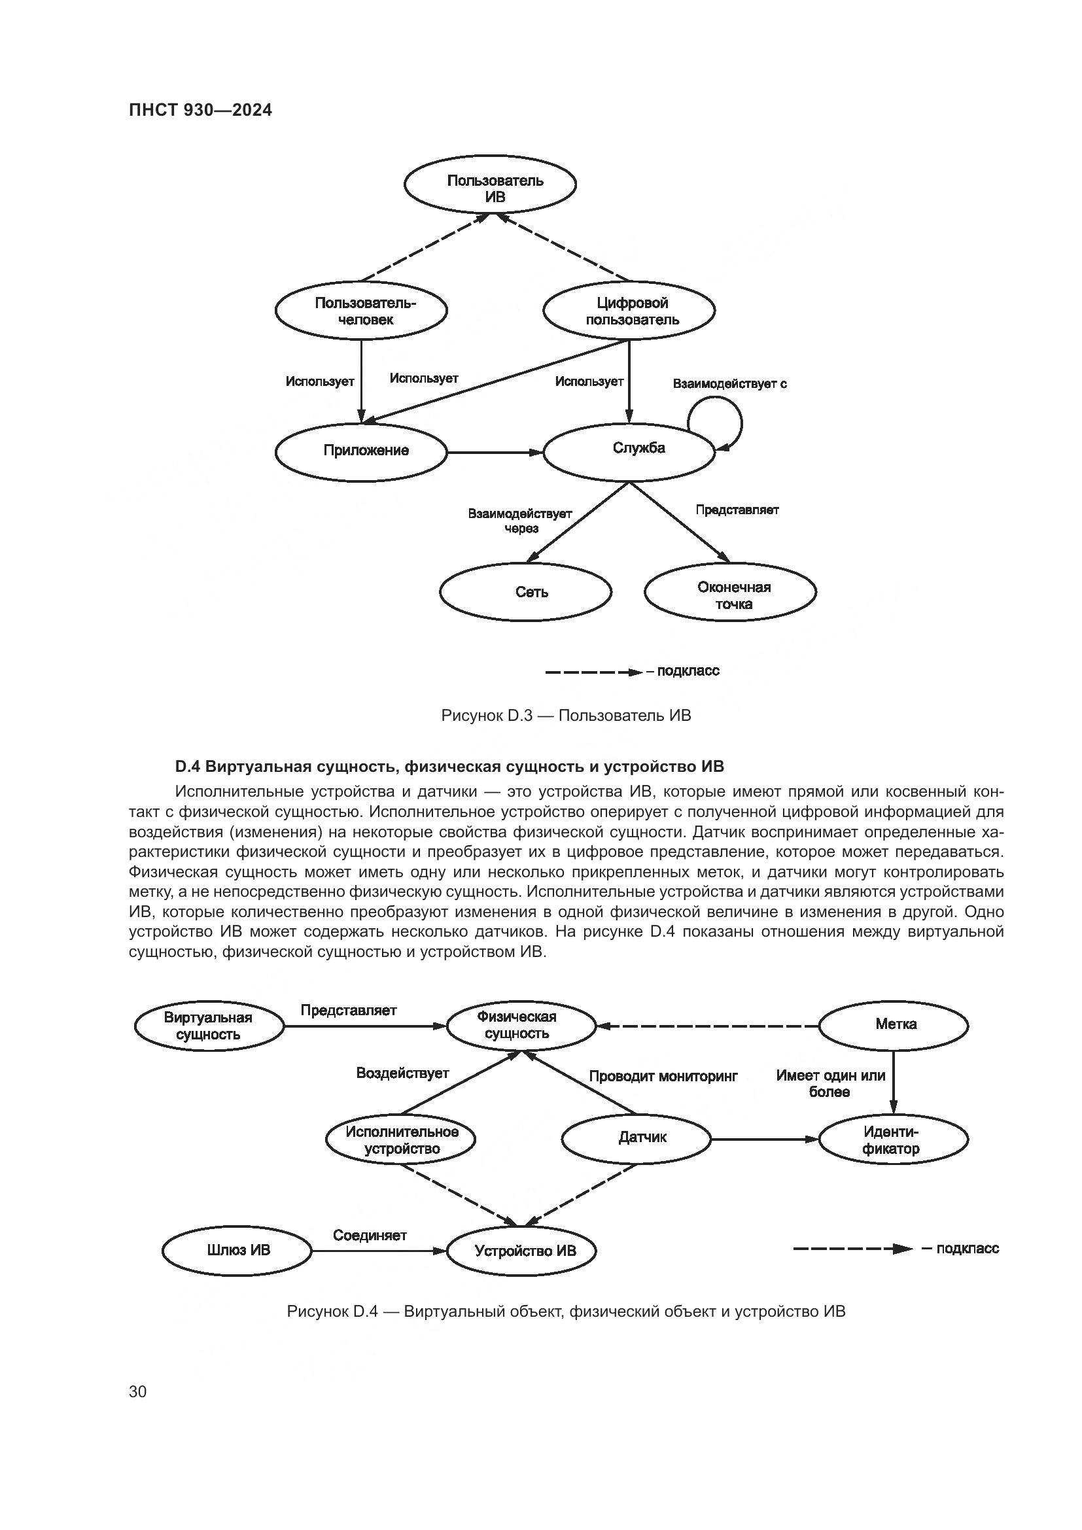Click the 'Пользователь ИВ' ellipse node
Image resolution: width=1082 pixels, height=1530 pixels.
click(x=490, y=183)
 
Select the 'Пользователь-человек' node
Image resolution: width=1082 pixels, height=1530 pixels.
click(x=361, y=311)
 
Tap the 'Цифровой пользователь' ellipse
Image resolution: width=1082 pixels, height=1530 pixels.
click(x=629, y=311)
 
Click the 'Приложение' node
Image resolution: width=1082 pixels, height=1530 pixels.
click(x=361, y=451)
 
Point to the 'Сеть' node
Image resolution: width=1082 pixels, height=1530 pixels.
click(x=526, y=592)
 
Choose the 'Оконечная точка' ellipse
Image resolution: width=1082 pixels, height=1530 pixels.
click(x=730, y=592)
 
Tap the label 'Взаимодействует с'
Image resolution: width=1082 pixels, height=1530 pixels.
click(x=729, y=384)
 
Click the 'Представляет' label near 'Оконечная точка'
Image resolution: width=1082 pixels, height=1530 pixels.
click(x=737, y=510)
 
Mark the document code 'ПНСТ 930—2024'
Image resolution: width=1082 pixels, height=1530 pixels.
click(x=201, y=110)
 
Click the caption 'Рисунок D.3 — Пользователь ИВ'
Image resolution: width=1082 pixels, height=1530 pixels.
click(x=566, y=716)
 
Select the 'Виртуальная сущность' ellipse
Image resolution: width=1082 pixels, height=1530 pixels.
click(x=209, y=1026)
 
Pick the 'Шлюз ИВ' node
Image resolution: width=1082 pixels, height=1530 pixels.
click(x=237, y=1250)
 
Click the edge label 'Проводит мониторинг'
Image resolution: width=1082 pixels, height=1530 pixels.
click(x=663, y=1076)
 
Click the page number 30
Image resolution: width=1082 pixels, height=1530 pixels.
click(x=138, y=1392)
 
